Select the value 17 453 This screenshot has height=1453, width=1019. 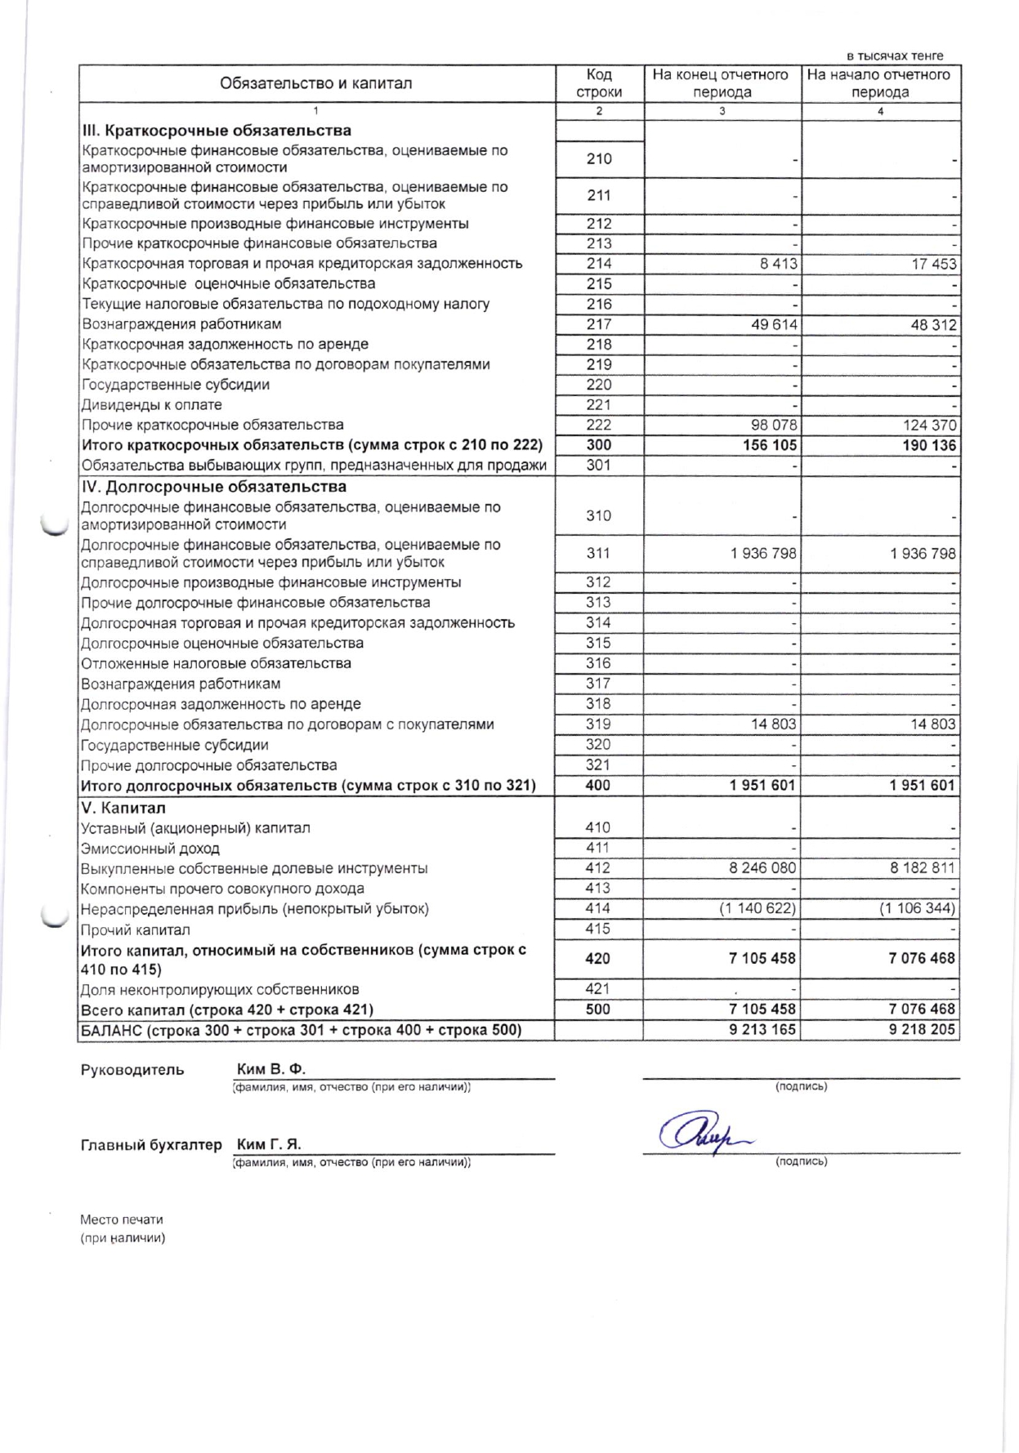point(934,264)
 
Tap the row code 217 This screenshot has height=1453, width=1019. point(599,324)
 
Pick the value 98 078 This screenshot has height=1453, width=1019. point(773,425)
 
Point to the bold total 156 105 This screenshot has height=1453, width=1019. point(769,445)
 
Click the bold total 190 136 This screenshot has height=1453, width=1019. point(928,445)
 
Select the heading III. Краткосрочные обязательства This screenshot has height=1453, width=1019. point(217,131)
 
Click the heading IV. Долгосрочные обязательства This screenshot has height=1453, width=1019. point(213,487)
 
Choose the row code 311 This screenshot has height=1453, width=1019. point(598,553)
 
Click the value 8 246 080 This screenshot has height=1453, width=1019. point(762,868)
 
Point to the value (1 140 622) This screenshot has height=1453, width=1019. point(758,908)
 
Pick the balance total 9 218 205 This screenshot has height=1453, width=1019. point(922,1029)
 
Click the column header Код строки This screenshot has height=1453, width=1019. point(599,83)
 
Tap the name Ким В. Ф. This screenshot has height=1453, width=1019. point(270,1069)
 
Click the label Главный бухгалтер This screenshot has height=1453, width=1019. point(151,1144)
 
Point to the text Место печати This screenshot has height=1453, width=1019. point(122,1219)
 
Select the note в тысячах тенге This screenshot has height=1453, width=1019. point(895,56)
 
